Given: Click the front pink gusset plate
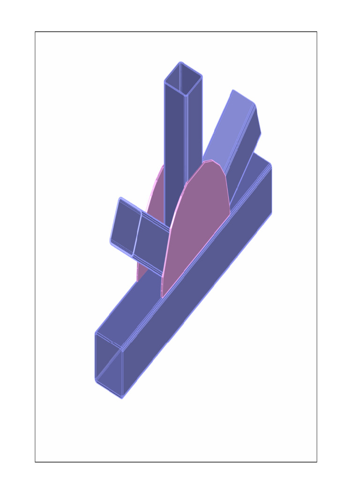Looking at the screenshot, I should click(x=197, y=225).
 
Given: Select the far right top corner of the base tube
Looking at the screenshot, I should click(x=271, y=165).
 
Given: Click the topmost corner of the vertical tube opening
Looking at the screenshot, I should click(x=180, y=62).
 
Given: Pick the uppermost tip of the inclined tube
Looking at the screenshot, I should click(x=233, y=90).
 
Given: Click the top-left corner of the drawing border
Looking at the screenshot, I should click(x=35, y=32).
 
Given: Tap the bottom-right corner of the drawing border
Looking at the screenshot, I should click(x=317, y=462).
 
